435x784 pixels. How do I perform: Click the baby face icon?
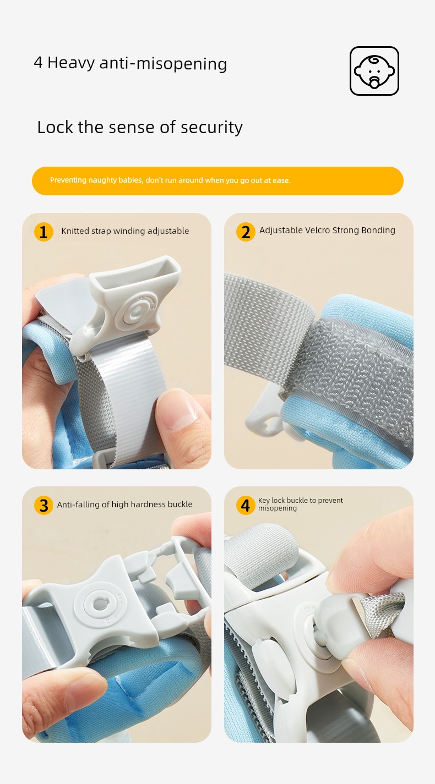tap(374, 71)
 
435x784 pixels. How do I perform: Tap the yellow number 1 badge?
tap(44, 232)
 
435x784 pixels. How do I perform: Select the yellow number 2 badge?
tap(246, 232)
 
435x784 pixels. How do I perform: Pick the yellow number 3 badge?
tap(44, 506)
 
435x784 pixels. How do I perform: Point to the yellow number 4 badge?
tap(246, 506)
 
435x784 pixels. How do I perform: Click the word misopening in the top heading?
tap(181, 64)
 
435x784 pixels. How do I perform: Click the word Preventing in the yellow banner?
tap(68, 180)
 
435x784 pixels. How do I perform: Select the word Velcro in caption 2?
tap(317, 230)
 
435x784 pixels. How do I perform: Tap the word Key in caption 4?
tap(264, 501)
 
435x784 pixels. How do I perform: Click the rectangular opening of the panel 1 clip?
tap(136, 275)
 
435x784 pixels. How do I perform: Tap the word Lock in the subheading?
tap(55, 127)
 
